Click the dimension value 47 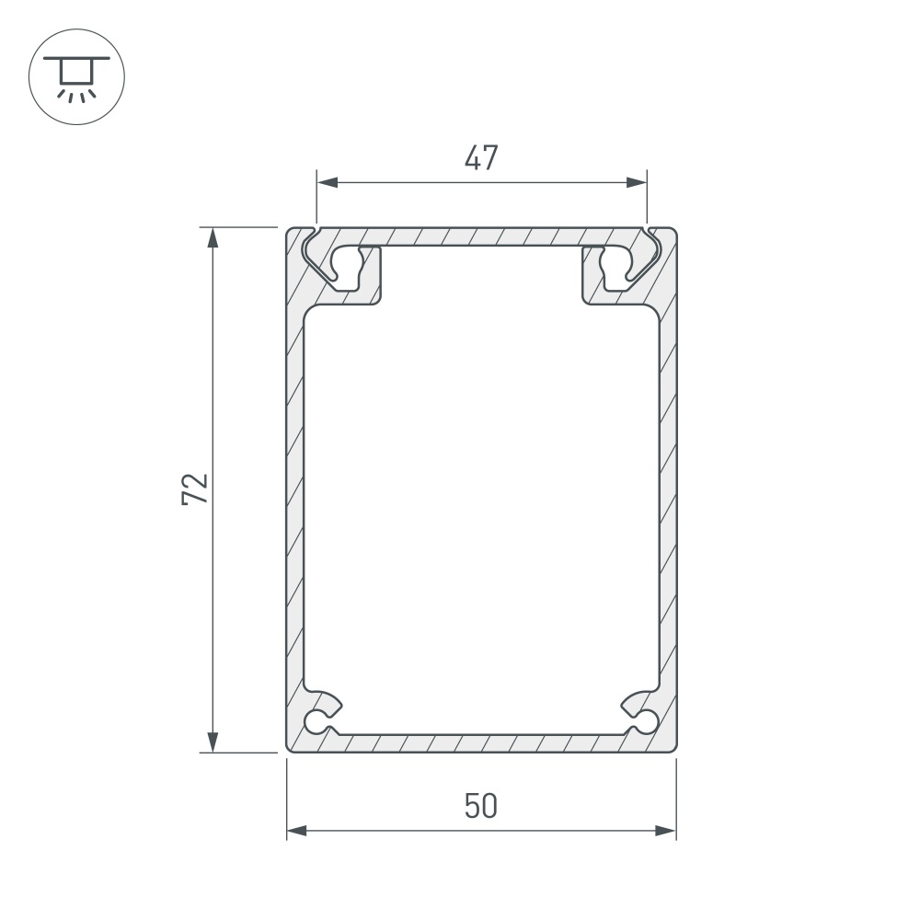480,158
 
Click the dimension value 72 195,489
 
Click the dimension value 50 480,806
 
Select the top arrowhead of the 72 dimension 213,237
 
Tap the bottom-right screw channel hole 648,720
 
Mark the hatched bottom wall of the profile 480,742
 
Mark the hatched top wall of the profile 480,236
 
